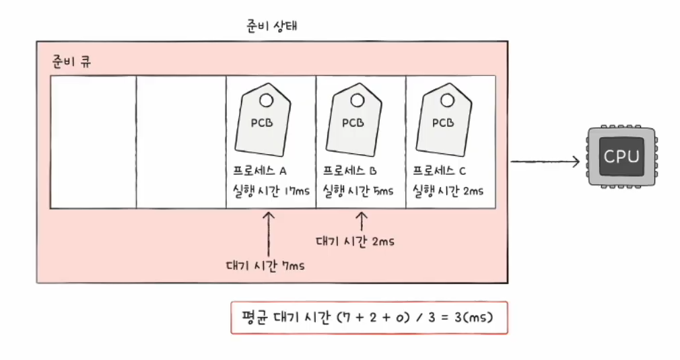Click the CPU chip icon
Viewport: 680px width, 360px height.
[x=620, y=158]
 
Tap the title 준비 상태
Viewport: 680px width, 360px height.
[x=272, y=27]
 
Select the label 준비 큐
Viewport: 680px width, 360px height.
[x=72, y=62]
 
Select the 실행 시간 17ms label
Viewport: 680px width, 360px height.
[x=267, y=190]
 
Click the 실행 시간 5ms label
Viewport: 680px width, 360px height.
[x=357, y=190]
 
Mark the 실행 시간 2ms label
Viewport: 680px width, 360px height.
[x=447, y=190]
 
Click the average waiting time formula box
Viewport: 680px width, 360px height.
[x=369, y=318]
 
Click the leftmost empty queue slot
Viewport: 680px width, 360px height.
[x=94, y=142]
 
